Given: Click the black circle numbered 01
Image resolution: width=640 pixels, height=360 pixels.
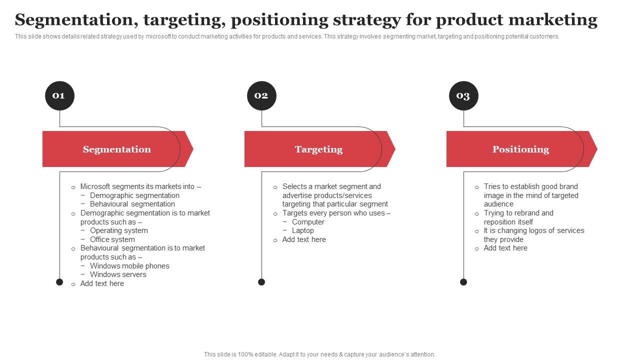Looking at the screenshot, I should (x=59, y=95).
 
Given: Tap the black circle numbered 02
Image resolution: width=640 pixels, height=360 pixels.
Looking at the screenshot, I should (x=261, y=95).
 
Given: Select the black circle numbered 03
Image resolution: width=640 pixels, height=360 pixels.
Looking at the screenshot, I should (x=463, y=95).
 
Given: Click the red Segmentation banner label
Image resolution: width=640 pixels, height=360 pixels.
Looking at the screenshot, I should (x=116, y=149).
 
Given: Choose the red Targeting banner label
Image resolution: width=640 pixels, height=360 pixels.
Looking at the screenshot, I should (x=318, y=149).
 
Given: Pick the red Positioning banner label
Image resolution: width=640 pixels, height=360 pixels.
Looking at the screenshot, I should (x=520, y=149).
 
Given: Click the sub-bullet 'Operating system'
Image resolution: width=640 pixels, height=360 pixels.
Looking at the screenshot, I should (x=118, y=230).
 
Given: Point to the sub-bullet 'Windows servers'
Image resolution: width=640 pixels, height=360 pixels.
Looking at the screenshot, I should (x=118, y=274).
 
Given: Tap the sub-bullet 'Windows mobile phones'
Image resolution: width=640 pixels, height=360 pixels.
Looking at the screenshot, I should (x=129, y=266).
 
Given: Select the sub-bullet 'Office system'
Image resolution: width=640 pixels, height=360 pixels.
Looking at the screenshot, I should (x=112, y=239).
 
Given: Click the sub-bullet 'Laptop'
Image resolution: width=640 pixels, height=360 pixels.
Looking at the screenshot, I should (x=302, y=230).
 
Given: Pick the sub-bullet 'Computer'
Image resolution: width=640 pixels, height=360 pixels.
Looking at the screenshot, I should (x=308, y=222).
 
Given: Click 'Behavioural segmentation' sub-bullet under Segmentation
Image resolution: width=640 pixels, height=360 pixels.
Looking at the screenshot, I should (x=132, y=204).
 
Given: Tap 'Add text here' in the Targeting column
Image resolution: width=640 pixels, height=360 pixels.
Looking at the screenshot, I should (x=304, y=239).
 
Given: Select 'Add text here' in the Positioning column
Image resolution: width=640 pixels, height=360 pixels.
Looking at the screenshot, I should (x=505, y=248).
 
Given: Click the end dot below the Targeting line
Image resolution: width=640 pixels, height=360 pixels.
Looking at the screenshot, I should (x=261, y=282).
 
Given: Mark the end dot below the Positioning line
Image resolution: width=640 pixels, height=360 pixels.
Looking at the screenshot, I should (x=463, y=282).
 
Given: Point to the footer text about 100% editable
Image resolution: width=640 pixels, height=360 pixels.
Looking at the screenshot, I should (x=319, y=354).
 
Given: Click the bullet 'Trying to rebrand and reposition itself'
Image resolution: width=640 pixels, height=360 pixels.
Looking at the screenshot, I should (x=518, y=217).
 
